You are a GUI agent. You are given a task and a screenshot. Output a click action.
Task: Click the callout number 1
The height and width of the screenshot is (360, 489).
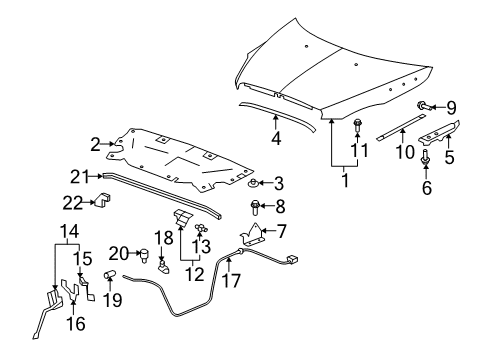(x=345, y=183)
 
